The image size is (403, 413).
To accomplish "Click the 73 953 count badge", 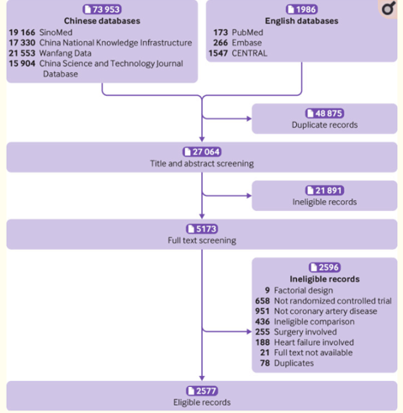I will click(x=102, y=10).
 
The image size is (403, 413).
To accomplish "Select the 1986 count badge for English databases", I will click(x=301, y=10).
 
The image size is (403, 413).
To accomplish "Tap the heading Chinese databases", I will click(x=102, y=21).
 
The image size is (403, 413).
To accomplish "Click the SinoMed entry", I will click(x=56, y=32).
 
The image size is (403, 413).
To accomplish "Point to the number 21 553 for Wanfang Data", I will click(x=22, y=53).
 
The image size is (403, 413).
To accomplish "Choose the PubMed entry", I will click(x=249, y=32).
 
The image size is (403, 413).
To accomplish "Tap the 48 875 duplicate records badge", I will click(x=324, y=114).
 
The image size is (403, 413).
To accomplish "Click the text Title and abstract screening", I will click(x=201, y=163).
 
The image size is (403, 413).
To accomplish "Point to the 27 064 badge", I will click(x=201, y=152).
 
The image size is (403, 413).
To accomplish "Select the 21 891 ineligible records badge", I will click(x=324, y=191).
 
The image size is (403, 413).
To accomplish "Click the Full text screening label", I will click(x=201, y=240).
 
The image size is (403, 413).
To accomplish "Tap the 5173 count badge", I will click(x=201, y=229).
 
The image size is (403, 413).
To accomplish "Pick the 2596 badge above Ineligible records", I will click(x=324, y=267).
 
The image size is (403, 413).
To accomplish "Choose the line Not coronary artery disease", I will click(x=325, y=311).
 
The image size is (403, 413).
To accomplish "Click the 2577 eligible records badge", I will click(x=201, y=390).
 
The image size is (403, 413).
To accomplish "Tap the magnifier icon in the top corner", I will click(x=387, y=9).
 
